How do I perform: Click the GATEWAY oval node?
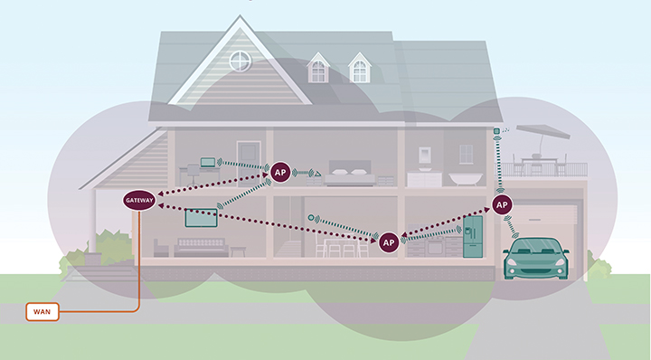point(139,202)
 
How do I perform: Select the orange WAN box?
point(41,312)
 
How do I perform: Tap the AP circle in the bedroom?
point(282,170)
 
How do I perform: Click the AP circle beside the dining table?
point(389,242)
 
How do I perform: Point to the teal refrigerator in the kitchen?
point(475,237)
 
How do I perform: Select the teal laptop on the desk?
point(209,163)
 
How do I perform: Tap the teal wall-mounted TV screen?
point(201,218)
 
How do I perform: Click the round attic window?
point(240,61)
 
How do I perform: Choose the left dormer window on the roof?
point(318,68)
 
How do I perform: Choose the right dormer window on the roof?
point(360,68)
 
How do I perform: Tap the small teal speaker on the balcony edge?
point(496,132)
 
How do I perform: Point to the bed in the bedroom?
point(350,175)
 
